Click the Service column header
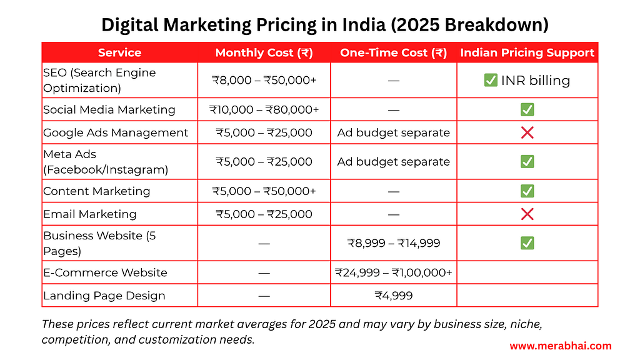[x=119, y=52]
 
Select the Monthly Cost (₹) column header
[x=264, y=52]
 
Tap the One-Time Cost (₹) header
[x=393, y=52]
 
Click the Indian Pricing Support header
[x=527, y=52]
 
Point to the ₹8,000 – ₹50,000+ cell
[x=264, y=80]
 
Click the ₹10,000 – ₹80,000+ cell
[x=264, y=109]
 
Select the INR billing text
[x=536, y=80]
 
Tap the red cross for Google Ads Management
[x=527, y=132]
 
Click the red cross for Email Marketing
[x=527, y=214]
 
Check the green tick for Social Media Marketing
[x=527, y=109]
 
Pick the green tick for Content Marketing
[x=527, y=191]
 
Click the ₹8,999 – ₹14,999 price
[x=393, y=242]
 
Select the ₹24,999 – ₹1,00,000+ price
[x=393, y=272]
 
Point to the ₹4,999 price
[x=393, y=296]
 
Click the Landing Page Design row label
[x=104, y=296]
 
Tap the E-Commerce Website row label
[x=105, y=272]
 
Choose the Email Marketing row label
[x=89, y=214]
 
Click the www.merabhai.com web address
[x=561, y=346]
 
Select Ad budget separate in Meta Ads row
[x=393, y=161]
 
